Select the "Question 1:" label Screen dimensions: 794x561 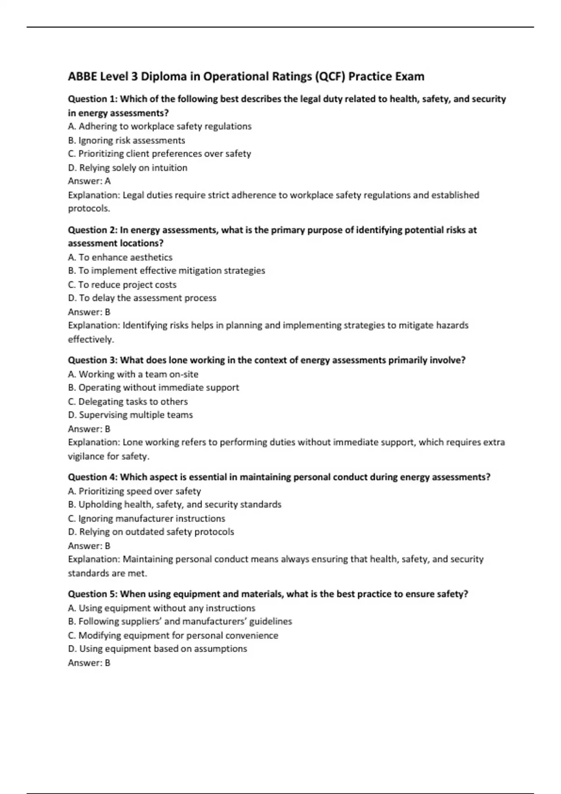coord(93,99)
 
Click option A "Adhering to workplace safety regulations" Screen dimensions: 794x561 coord(159,126)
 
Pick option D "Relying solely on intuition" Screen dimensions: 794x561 coord(128,168)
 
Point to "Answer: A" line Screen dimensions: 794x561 coord(89,181)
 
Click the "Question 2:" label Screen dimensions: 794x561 coord(93,230)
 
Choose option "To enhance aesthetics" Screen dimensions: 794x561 coord(120,257)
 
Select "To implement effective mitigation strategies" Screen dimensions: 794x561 coord(166,271)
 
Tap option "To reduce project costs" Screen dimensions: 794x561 coord(122,284)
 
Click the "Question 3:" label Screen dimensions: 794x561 coord(93,360)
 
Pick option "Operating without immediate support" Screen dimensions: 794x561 coord(153,388)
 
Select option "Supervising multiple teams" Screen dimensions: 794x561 coord(130,415)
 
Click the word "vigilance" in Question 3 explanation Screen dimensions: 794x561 coord(86,456)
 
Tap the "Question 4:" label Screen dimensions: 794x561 coord(93,477)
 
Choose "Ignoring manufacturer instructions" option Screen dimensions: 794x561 coord(146,518)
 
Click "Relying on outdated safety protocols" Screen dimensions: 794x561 coord(151,532)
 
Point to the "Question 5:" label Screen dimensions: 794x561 coord(93,594)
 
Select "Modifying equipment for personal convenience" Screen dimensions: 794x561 coord(173,635)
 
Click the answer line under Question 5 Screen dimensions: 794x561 coord(89,663)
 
